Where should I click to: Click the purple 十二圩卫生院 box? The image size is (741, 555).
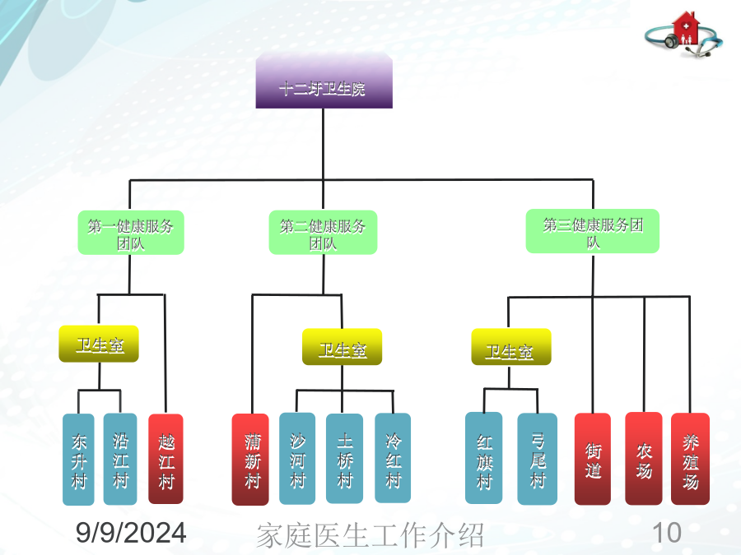click(x=324, y=81)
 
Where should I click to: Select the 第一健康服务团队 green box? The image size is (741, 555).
click(x=131, y=233)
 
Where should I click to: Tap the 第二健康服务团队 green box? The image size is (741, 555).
click(x=323, y=233)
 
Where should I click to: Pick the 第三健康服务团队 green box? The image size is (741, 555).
click(x=593, y=231)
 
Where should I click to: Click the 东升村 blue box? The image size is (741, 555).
click(x=78, y=460)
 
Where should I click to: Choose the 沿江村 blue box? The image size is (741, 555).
click(x=120, y=459)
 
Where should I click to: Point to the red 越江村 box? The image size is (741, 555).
click(x=165, y=459)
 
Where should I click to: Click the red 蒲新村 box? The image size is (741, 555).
click(x=250, y=460)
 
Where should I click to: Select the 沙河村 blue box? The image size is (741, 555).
click(x=297, y=459)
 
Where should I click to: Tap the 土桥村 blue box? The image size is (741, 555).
click(x=344, y=459)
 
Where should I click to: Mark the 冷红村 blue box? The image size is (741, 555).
click(x=393, y=458)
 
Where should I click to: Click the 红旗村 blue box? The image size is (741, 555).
click(x=484, y=458)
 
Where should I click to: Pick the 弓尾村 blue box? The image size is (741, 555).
click(x=538, y=459)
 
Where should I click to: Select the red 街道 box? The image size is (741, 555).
click(x=593, y=459)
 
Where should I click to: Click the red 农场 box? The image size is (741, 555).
click(x=644, y=459)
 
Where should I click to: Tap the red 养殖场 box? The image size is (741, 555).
click(x=691, y=459)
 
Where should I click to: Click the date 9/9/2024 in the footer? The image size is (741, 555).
click(x=131, y=533)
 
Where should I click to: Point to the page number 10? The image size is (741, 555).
click(x=666, y=533)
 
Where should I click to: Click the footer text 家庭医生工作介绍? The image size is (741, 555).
click(x=370, y=535)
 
